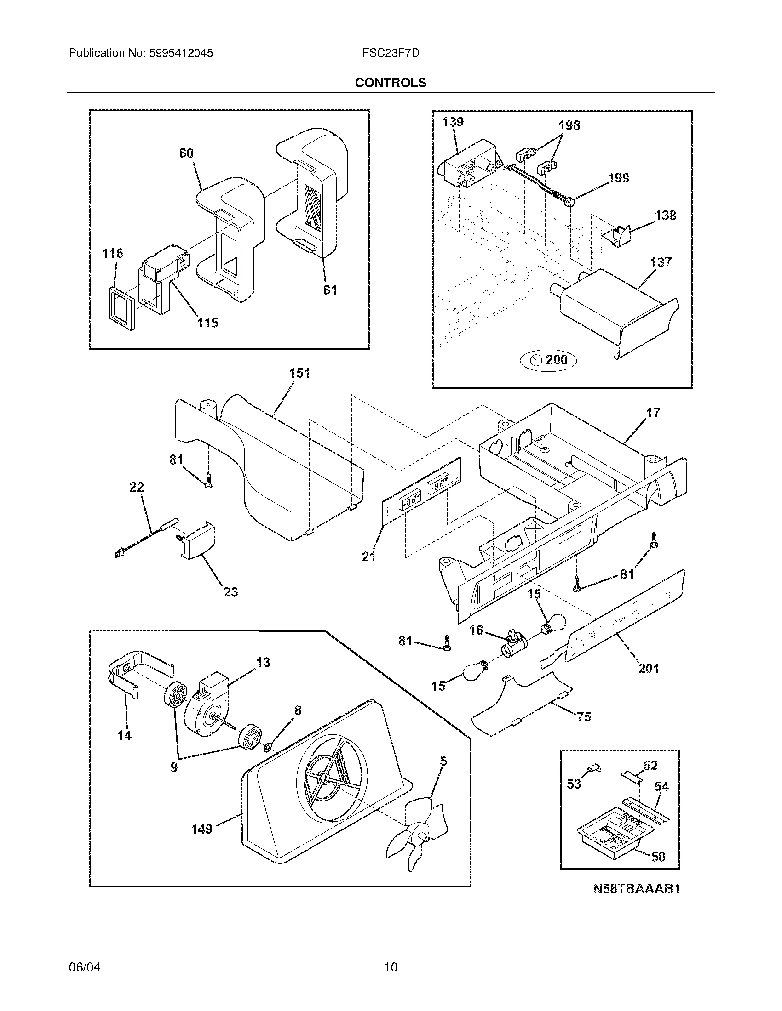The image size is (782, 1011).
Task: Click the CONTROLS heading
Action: pyautogui.click(x=391, y=82)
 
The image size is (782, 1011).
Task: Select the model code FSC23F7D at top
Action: pyautogui.click(x=391, y=53)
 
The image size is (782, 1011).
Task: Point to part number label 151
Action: pyautogui.click(x=299, y=374)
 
